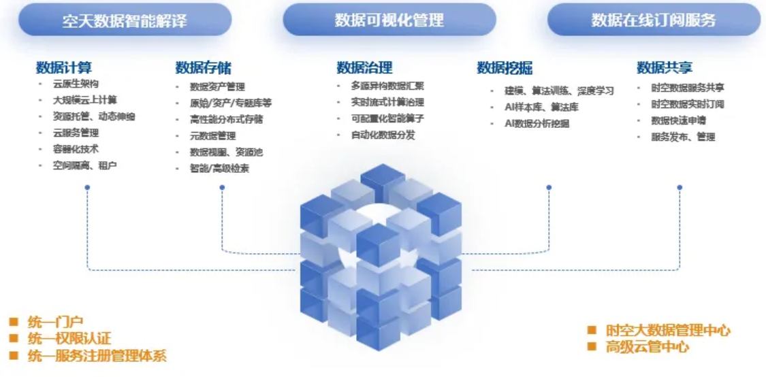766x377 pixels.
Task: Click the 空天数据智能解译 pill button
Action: tap(125, 20)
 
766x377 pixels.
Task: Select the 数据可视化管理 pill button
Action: tap(389, 20)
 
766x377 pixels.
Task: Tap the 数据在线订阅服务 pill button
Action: tap(653, 20)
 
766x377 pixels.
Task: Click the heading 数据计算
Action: tap(64, 67)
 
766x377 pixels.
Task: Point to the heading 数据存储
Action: tap(203, 67)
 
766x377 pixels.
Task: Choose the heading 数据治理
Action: tap(364, 67)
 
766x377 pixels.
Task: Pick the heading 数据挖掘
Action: tap(505, 67)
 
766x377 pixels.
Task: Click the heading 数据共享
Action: tap(665, 67)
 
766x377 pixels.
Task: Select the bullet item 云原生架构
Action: tap(76, 84)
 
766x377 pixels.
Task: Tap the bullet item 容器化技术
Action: tap(76, 149)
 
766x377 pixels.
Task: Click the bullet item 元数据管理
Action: tap(212, 135)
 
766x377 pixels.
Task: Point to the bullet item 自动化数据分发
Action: tap(383, 135)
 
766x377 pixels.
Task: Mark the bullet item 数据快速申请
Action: tap(678, 120)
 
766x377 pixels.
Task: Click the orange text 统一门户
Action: tap(55, 321)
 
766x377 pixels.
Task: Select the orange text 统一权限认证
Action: tap(69, 338)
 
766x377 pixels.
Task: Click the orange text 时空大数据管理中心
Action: tap(668, 330)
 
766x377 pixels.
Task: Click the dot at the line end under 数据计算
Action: tap(87, 187)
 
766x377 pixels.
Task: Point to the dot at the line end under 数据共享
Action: tap(680, 187)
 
